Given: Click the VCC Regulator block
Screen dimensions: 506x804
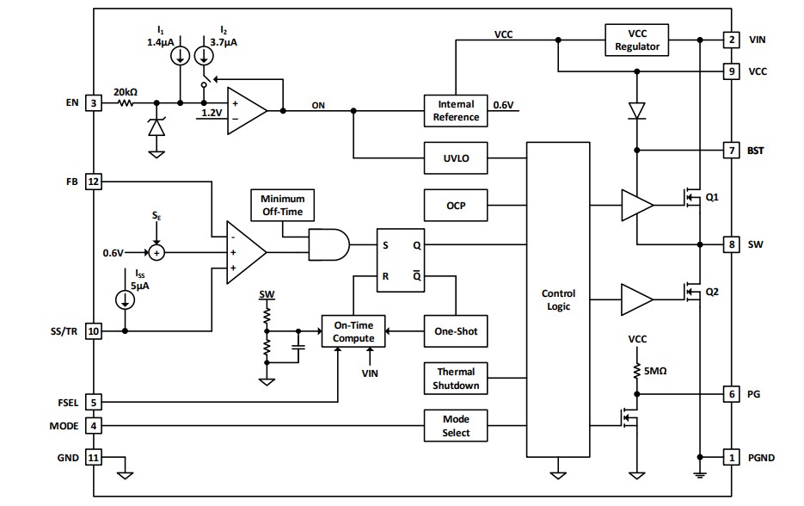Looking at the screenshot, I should pyautogui.click(x=636, y=40).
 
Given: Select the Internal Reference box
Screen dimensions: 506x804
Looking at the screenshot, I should pyautogui.click(x=454, y=110).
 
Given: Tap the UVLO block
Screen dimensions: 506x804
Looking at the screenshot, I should pyautogui.click(x=454, y=158).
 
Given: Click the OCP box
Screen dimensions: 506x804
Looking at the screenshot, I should pyautogui.click(x=454, y=205).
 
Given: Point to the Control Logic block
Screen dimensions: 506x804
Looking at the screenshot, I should pyautogui.click(x=558, y=299).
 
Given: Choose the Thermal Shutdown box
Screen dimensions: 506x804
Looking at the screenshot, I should pyautogui.click(x=456, y=379).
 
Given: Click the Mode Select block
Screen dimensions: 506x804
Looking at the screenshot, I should pyautogui.click(x=456, y=425).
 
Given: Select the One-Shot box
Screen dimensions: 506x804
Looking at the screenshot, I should pyautogui.click(x=456, y=330).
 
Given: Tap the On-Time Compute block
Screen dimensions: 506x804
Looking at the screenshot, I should pyautogui.click(x=353, y=331).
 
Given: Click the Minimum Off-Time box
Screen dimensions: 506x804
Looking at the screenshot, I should pyautogui.click(x=282, y=205).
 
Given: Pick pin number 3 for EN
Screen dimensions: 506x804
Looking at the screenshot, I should pyautogui.click(x=95, y=103).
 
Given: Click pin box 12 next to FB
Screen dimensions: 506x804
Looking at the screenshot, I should pyautogui.click(x=95, y=182).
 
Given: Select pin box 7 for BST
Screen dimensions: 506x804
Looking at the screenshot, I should pyautogui.click(x=731, y=151).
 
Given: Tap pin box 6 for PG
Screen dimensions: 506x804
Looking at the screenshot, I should pyautogui.click(x=731, y=393).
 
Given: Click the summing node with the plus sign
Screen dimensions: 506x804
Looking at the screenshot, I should pyautogui.click(x=156, y=253).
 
